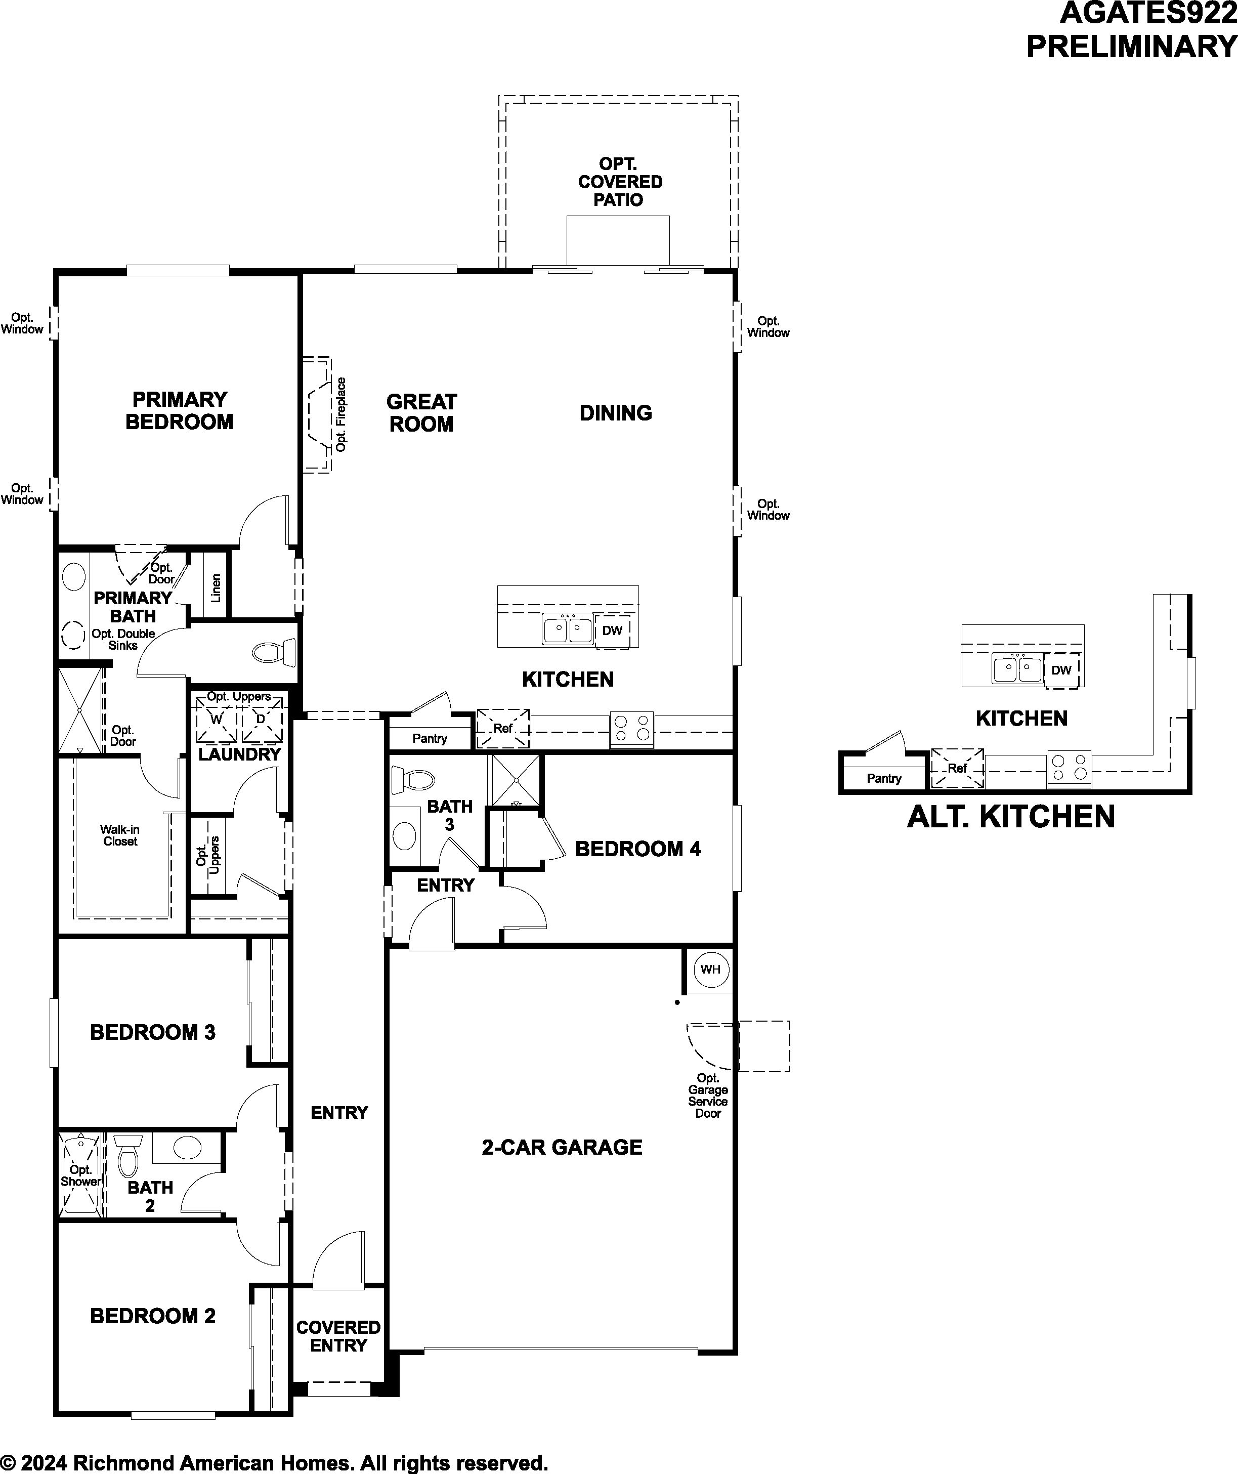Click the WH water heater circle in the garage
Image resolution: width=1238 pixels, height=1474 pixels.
[x=711, y=970]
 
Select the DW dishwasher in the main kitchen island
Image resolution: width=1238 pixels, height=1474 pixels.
[x=612, y=630]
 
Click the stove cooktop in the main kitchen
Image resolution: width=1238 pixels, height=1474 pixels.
[x=631, y=727]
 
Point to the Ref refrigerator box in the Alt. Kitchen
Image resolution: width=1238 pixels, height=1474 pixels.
[x=957, y=768]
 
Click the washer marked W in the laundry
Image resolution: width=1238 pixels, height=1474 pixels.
[x=216, y=720]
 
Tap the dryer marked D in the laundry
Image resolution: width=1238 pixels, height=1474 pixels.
[x=262, y=720]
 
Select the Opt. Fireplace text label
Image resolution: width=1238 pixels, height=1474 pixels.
[x=341, y=415]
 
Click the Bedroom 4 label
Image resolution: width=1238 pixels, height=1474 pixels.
[x=638, y=849]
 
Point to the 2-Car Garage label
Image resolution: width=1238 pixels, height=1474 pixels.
[x=562, y=1147]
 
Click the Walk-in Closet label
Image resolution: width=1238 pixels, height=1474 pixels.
[x=120, y=835]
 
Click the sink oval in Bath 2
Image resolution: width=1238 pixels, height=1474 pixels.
[x=187, y=1148]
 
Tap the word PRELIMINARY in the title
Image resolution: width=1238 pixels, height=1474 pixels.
[x=1131, y=47]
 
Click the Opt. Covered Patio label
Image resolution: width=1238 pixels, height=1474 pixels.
[x=620, y=182]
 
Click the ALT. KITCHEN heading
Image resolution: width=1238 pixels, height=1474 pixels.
[x=1011, y=816]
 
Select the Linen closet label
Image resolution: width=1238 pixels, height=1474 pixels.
[x=216, y=588]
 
